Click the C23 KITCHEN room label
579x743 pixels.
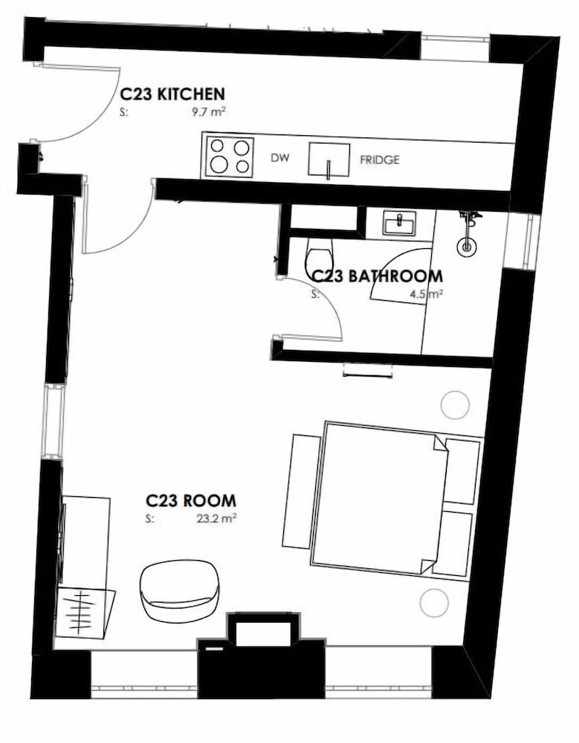coord(172,94)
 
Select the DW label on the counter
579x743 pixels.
coord(279,158)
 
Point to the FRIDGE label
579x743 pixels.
coord(379,160)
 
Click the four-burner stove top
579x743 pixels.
coord(230,156)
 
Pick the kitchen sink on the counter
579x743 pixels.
coord(329,160)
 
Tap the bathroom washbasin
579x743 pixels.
coord(399,223)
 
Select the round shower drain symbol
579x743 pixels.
coord(467,247)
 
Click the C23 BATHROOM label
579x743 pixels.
coord(376,276)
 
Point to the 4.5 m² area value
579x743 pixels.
coord(427,293)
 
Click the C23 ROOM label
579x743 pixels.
coord(190,500)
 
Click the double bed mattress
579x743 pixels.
coord(379,499)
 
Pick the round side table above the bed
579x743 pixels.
coord(455,405)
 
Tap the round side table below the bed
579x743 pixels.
coord(434,603)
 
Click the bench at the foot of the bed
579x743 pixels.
coord(302,491)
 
